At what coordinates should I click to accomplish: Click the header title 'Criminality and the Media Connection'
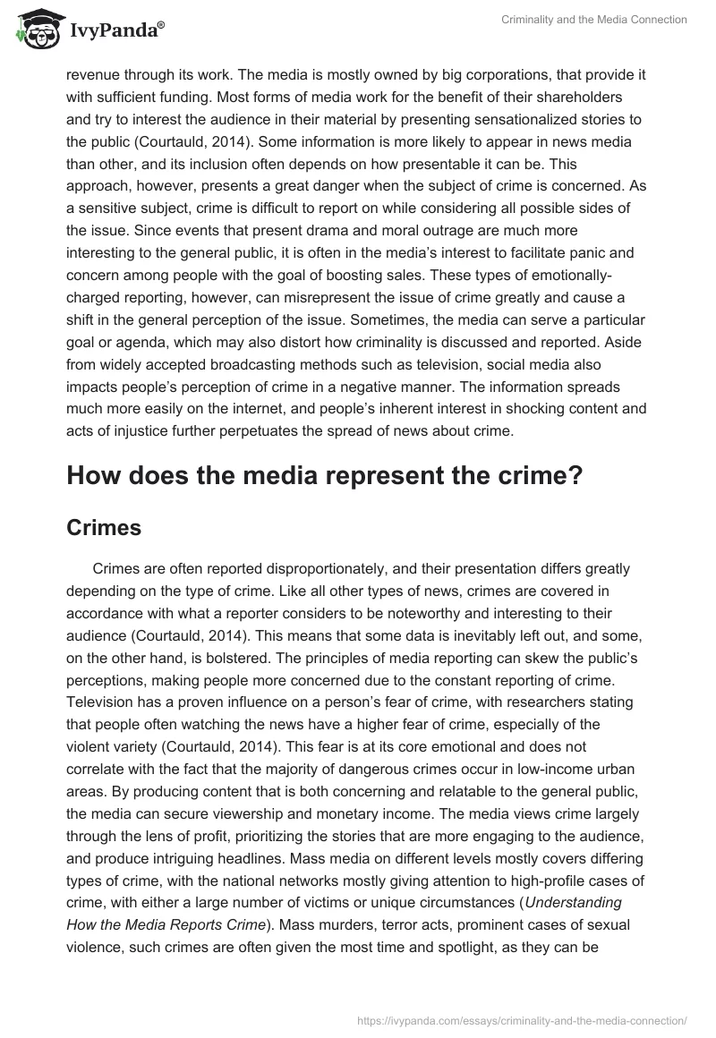594,21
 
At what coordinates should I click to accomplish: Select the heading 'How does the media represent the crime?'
324,475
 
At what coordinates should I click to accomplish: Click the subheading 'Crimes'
104,528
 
